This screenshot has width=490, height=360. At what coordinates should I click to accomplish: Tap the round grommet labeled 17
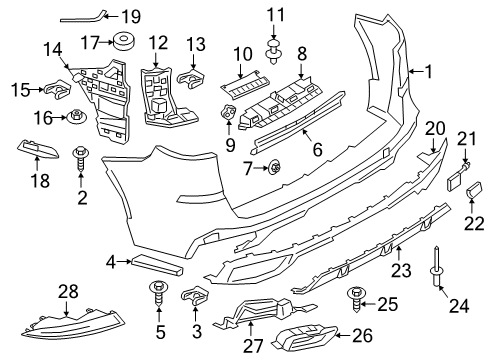[126, 43]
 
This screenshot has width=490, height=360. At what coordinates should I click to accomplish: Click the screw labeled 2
[82, 158]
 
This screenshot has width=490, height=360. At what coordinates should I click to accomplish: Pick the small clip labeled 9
[229, 115]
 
